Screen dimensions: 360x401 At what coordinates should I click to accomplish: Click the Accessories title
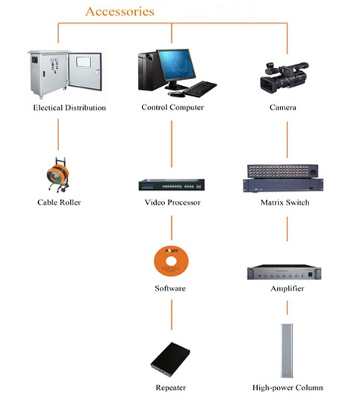(120, 11)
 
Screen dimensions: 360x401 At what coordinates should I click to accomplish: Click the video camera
(284, 78)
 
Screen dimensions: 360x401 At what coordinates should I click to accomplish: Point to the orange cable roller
(58, 175)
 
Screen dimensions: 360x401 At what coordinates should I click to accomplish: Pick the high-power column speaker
(287, 350)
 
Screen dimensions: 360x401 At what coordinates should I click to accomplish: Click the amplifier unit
(284, 273)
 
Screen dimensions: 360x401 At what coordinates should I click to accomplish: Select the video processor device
(172, 185)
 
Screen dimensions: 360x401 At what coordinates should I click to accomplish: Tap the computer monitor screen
(176, 65)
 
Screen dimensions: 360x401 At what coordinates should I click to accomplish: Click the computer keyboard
(200, 89)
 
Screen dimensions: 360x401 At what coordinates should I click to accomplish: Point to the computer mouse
(176, 94)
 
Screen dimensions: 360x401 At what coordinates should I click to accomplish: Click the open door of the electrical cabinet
(85, 71)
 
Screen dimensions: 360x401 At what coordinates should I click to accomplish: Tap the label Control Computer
(173, 108)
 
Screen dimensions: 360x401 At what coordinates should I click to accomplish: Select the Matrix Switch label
(285, 202)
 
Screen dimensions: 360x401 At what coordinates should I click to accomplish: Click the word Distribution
(85, 108)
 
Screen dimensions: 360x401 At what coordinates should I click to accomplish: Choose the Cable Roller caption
(59, 202)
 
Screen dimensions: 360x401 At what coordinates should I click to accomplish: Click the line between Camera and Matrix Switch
(287, 140)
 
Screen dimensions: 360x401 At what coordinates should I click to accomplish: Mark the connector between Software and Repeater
(172, 315)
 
